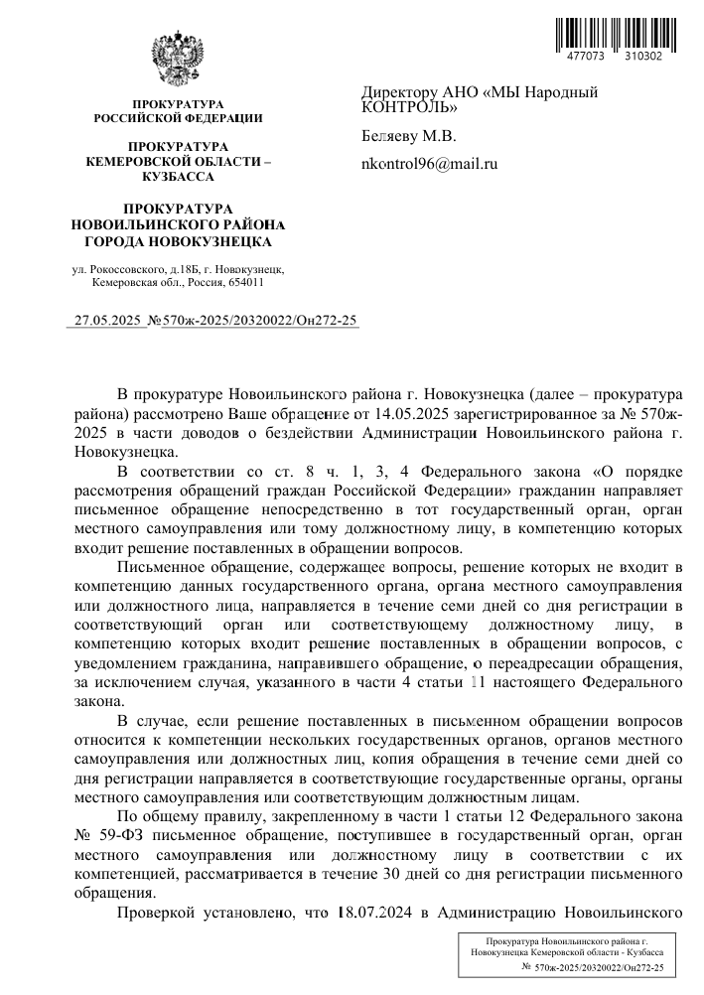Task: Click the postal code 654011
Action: coord(243,282)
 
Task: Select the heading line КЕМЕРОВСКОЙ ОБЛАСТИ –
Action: coord(178,161)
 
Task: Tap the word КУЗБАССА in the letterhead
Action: coord(178,176)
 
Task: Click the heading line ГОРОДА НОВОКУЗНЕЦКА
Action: coord(178,240)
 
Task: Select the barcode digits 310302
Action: coord(642,58)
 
